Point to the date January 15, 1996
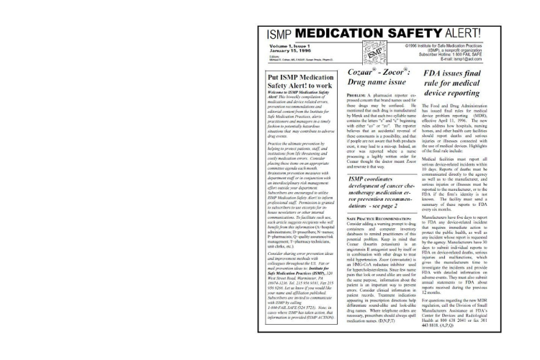tap(288, 53)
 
